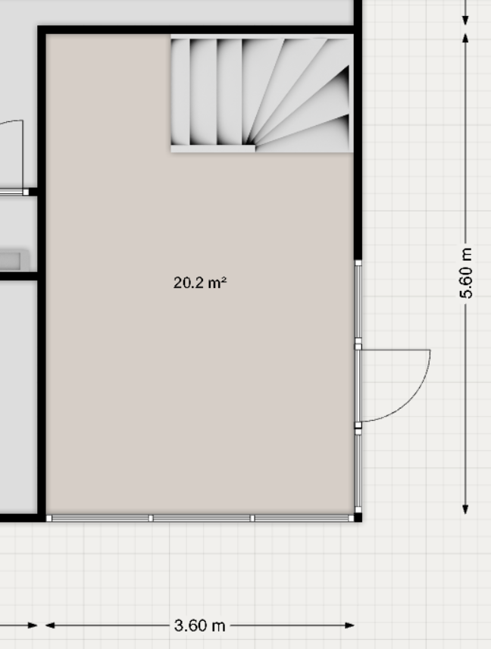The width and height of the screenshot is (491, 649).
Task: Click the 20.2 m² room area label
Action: (x=200, y=283)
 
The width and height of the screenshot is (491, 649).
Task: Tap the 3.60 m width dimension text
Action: (x=200, y=625)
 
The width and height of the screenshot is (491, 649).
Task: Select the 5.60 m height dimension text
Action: (x=466, y=273)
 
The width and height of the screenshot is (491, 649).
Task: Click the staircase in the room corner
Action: (x=262, y=94)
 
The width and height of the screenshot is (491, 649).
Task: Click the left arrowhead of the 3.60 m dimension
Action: (x=50, y=625)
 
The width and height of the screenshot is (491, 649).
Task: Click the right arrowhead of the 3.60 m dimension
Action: (x=349, y=625)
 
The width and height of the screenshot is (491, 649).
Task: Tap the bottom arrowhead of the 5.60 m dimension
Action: (x=466, y=509)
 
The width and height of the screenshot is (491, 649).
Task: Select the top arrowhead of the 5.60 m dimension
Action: (x=466, y=39)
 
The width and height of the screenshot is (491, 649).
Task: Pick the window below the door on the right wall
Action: (x=358, y=472)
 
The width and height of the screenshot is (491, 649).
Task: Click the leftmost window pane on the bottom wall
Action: (x=100, y=518)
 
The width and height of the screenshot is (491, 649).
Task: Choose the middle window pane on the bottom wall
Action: (x=202, y=518)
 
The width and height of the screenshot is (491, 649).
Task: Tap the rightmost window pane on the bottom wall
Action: (x=303, y=518)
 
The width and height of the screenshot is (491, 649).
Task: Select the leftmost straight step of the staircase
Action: (x=180, y=92)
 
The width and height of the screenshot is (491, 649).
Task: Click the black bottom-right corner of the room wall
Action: (x=358, y=517)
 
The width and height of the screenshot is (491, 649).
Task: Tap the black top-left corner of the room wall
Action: (x=42, y=30)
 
